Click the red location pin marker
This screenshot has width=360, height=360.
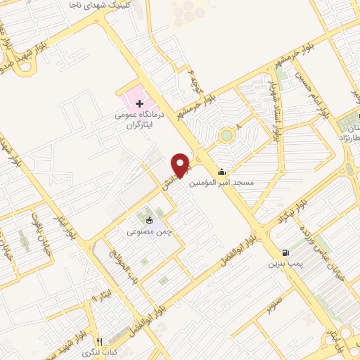pos(181,164)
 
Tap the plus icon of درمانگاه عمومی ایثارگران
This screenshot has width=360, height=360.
pos(139,103)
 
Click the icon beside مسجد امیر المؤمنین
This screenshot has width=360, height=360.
pos(222,172)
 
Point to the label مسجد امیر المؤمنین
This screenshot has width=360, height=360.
pos(218,183)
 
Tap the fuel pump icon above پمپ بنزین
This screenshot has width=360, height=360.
pos(285,253)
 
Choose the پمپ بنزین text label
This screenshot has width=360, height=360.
pos(284,264)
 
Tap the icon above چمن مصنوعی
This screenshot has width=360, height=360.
pos(149,219)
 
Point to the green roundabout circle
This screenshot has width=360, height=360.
pos(226,135)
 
